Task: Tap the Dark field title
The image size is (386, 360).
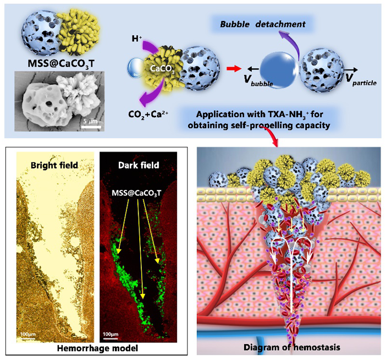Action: (137, 164)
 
